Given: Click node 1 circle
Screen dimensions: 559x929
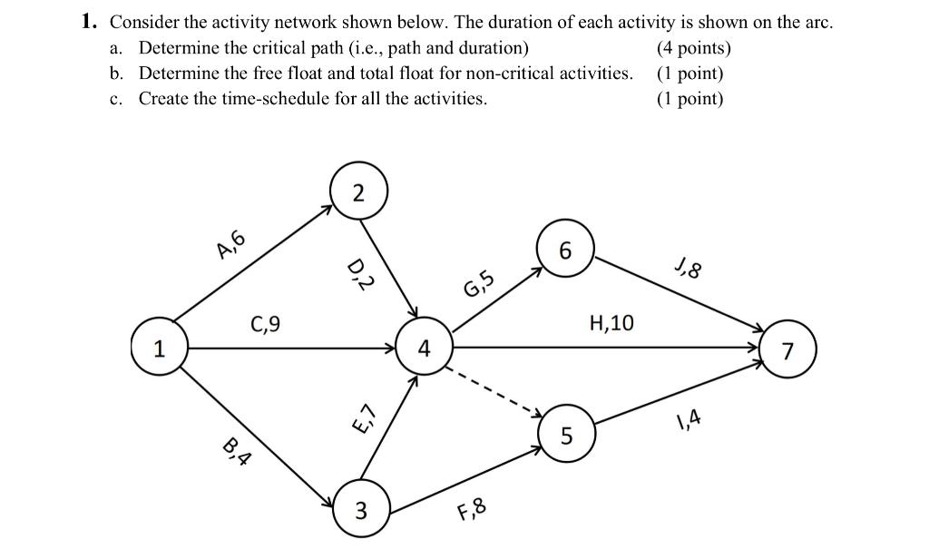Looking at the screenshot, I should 160,348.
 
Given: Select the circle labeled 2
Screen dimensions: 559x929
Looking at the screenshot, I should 358,191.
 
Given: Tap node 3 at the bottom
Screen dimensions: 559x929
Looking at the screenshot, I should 360,511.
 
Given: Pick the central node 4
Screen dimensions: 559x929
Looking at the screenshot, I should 424,348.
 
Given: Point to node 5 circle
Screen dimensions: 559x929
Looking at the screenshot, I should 566,436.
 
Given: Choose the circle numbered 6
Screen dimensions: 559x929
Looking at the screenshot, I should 566,251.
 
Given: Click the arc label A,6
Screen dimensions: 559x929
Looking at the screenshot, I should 230,243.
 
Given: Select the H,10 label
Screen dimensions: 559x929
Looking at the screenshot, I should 611,322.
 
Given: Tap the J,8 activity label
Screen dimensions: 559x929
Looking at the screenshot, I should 689,270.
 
